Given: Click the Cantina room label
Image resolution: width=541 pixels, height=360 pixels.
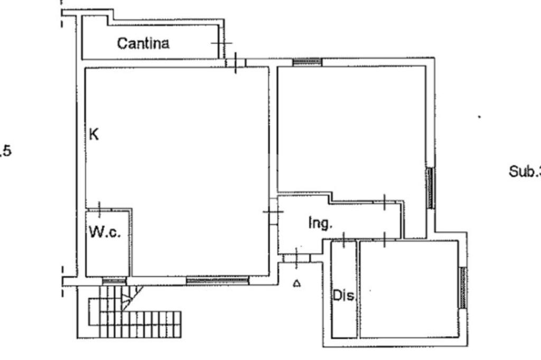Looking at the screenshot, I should tap(143, 43).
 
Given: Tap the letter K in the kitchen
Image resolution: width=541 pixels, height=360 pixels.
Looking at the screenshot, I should tap(94, 135).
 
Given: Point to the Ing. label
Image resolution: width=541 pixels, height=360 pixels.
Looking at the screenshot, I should tap(320, 224).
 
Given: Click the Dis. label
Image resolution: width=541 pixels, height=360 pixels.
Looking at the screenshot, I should tap(343, 296).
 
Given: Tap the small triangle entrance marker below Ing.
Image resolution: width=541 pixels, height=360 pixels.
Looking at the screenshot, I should tap(297, 284).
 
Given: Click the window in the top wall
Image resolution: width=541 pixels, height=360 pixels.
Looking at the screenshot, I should tap(307, 62).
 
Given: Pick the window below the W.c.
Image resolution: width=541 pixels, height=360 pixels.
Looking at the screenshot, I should tap(114, 281).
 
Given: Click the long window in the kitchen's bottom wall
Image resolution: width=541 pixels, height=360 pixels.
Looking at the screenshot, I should tap(217, 280).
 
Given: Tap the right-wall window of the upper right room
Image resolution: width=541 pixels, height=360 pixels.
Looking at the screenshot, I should tap(430, 188).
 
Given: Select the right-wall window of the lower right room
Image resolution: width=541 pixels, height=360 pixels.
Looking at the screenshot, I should tap(462, 288).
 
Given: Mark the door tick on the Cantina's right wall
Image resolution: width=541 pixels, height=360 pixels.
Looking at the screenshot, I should tap(221, 43).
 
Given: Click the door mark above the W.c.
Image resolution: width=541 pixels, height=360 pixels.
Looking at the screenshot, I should tap(99, 209).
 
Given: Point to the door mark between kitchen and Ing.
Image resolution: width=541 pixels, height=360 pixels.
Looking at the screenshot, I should tap(273, 212).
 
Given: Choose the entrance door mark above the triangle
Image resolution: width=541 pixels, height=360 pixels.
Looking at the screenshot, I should tap(296, 258).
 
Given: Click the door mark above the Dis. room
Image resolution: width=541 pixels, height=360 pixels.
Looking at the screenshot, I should tap(344, 240).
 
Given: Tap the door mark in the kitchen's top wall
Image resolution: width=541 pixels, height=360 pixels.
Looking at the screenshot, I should tap(236, 62).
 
